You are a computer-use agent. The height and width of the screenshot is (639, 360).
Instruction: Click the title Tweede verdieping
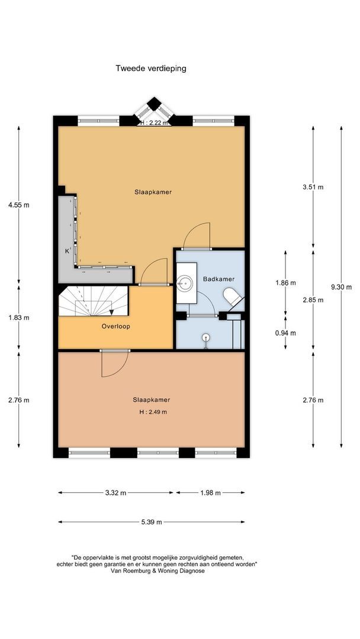151,68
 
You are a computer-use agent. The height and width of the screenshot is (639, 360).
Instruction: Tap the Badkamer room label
218,279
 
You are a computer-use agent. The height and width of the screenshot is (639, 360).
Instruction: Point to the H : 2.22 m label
154,122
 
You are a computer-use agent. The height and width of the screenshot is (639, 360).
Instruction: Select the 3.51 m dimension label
313,187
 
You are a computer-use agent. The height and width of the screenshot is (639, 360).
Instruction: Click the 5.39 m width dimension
151,522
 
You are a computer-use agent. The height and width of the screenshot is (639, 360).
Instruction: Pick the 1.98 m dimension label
210,492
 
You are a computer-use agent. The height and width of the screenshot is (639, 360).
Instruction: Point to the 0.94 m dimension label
285,333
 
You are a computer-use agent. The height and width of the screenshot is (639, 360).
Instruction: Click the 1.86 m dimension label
285,283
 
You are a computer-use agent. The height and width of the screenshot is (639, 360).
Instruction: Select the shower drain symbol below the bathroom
205,338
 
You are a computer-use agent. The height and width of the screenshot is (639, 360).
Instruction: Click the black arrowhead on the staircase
111,312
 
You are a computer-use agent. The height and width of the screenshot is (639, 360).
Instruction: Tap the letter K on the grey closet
67,251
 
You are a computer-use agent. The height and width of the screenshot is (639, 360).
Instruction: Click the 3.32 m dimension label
115,492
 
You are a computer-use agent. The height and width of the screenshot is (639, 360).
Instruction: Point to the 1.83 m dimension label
18,317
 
